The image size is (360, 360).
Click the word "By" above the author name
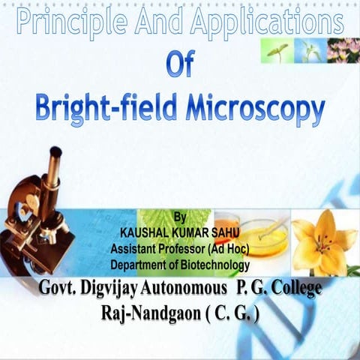tap(178, 217)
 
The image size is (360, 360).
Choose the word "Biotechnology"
tap(210, 265)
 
